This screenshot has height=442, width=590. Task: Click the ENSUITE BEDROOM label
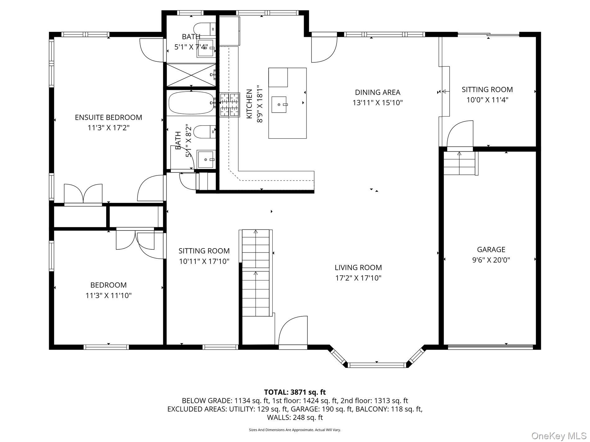pos(108,117)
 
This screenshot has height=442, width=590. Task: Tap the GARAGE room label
pos(491,249)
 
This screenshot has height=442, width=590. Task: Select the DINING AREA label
pos(377,92)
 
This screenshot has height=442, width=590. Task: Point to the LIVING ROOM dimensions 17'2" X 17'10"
pos(358,278)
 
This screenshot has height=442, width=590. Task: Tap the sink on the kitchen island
pos(279,105)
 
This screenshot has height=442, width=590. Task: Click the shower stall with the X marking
pos(191,74)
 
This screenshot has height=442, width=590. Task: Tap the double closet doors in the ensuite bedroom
pos(83,194)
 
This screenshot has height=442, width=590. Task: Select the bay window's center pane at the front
pos(377,365)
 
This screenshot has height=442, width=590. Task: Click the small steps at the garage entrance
pos(459,163)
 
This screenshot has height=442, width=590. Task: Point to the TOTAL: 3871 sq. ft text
pos(295,392)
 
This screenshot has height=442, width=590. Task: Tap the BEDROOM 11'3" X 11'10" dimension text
pos(108,296)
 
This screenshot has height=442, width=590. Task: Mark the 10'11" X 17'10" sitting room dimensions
pos(204,261)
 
